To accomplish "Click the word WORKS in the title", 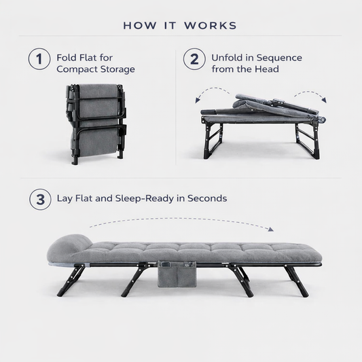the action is tap(211, 25).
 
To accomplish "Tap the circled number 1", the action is tap(39, 59).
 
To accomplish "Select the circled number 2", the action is tap(194, 59).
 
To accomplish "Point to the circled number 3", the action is tap(40, 199).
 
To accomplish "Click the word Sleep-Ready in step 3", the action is tap(145, 198).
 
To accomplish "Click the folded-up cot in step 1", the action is tap(96, 124).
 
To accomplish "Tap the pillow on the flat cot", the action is tap(69, 246).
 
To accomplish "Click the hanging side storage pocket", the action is tap(177, 274).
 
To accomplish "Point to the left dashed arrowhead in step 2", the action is tap(198, 101).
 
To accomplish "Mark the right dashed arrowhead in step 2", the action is tap(324, 100).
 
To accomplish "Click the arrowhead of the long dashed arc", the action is tap(270, 229).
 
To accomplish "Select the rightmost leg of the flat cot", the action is tap(296, 281).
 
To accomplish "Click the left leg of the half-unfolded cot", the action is tap(213, 140).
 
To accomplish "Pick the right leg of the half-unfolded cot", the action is tap(308, 141).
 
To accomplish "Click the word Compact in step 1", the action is tap(77, 69).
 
